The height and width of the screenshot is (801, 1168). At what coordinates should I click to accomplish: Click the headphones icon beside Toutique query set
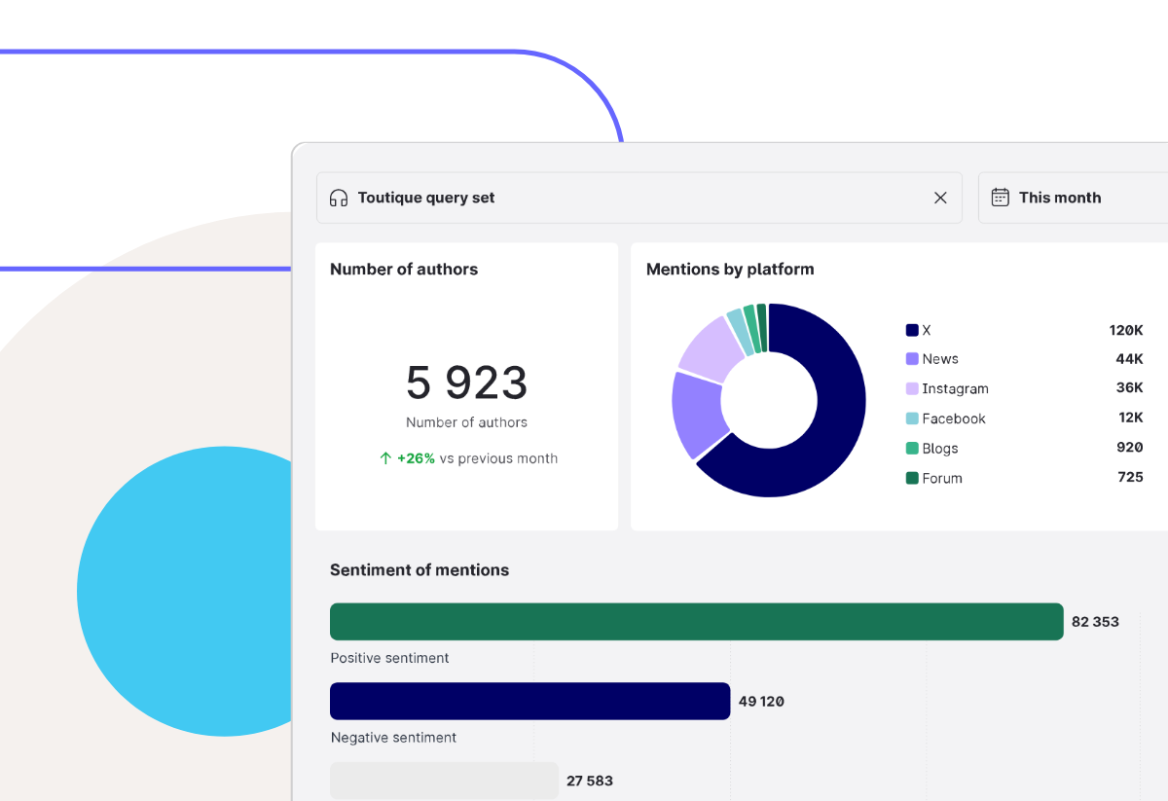[x=339, y=198]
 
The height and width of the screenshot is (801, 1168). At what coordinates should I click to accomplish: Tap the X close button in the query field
[x=940, y=198]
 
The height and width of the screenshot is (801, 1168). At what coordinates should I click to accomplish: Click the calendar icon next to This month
[x=1000, y=198]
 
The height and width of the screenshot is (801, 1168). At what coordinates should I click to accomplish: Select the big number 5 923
[x=467, y=382]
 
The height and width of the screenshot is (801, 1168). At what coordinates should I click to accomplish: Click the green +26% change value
[x=416, y=458]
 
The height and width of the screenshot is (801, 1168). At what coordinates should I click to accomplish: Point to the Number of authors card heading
[x=404, y=270]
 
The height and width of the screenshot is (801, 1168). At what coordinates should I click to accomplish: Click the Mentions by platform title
[x=730, y=270]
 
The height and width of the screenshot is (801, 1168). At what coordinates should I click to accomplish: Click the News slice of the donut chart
[x=696, y=414]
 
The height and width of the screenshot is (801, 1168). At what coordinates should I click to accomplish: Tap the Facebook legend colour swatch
[x=912, y=419]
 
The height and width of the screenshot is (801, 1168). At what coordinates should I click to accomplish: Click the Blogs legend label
[x=940, y=449]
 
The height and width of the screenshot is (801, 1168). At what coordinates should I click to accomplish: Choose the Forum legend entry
[x=941, y=479]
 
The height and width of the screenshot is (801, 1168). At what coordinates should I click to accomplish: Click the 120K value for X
[x=1126, y=330]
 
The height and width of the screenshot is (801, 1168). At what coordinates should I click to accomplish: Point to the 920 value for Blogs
[x=1129, y=448]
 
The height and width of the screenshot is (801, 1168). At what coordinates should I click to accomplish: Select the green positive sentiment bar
[x=696, y=621]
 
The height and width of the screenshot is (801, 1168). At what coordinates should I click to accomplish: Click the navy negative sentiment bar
[x=529, y=701]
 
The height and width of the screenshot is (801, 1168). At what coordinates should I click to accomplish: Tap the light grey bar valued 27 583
[x=444, y=781]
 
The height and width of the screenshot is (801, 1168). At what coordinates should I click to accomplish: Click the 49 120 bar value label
[x=761, y=701]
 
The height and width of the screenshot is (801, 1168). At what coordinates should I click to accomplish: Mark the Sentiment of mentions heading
[x=420, y=570]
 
